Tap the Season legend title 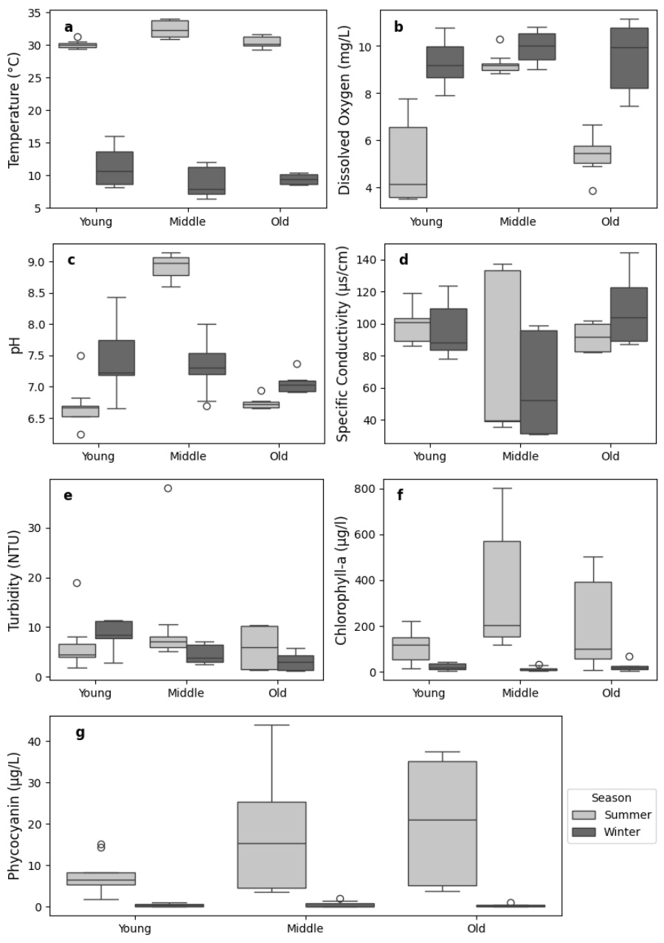(x=611, y=798)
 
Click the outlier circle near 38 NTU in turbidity (x=167, y=488)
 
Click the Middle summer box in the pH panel (x=170, y=266)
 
